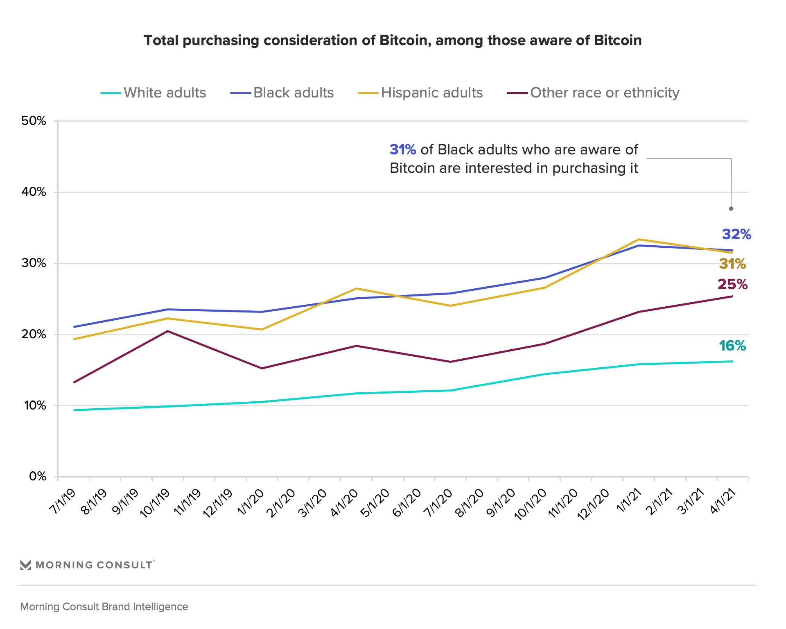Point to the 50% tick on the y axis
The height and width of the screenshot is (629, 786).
pos(34,121)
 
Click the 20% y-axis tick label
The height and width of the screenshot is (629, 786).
pos(34,334)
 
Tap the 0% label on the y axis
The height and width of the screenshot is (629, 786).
pos(37,476)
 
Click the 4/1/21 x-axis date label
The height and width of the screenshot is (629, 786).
pos(723,501)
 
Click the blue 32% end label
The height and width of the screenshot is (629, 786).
pos(736,234)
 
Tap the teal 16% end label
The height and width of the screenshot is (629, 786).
pos(732,346)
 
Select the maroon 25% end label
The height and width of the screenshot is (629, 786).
pos(732,284)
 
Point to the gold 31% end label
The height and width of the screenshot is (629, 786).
pos(732,264)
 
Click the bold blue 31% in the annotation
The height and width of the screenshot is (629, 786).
pos(403,150)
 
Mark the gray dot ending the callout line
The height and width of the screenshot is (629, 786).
pos(731,208)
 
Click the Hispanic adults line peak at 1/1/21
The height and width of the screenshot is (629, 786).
pos(639,240)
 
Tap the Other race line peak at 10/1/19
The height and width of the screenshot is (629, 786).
pos(167,331)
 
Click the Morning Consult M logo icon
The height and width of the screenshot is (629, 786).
pos(25,565)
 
